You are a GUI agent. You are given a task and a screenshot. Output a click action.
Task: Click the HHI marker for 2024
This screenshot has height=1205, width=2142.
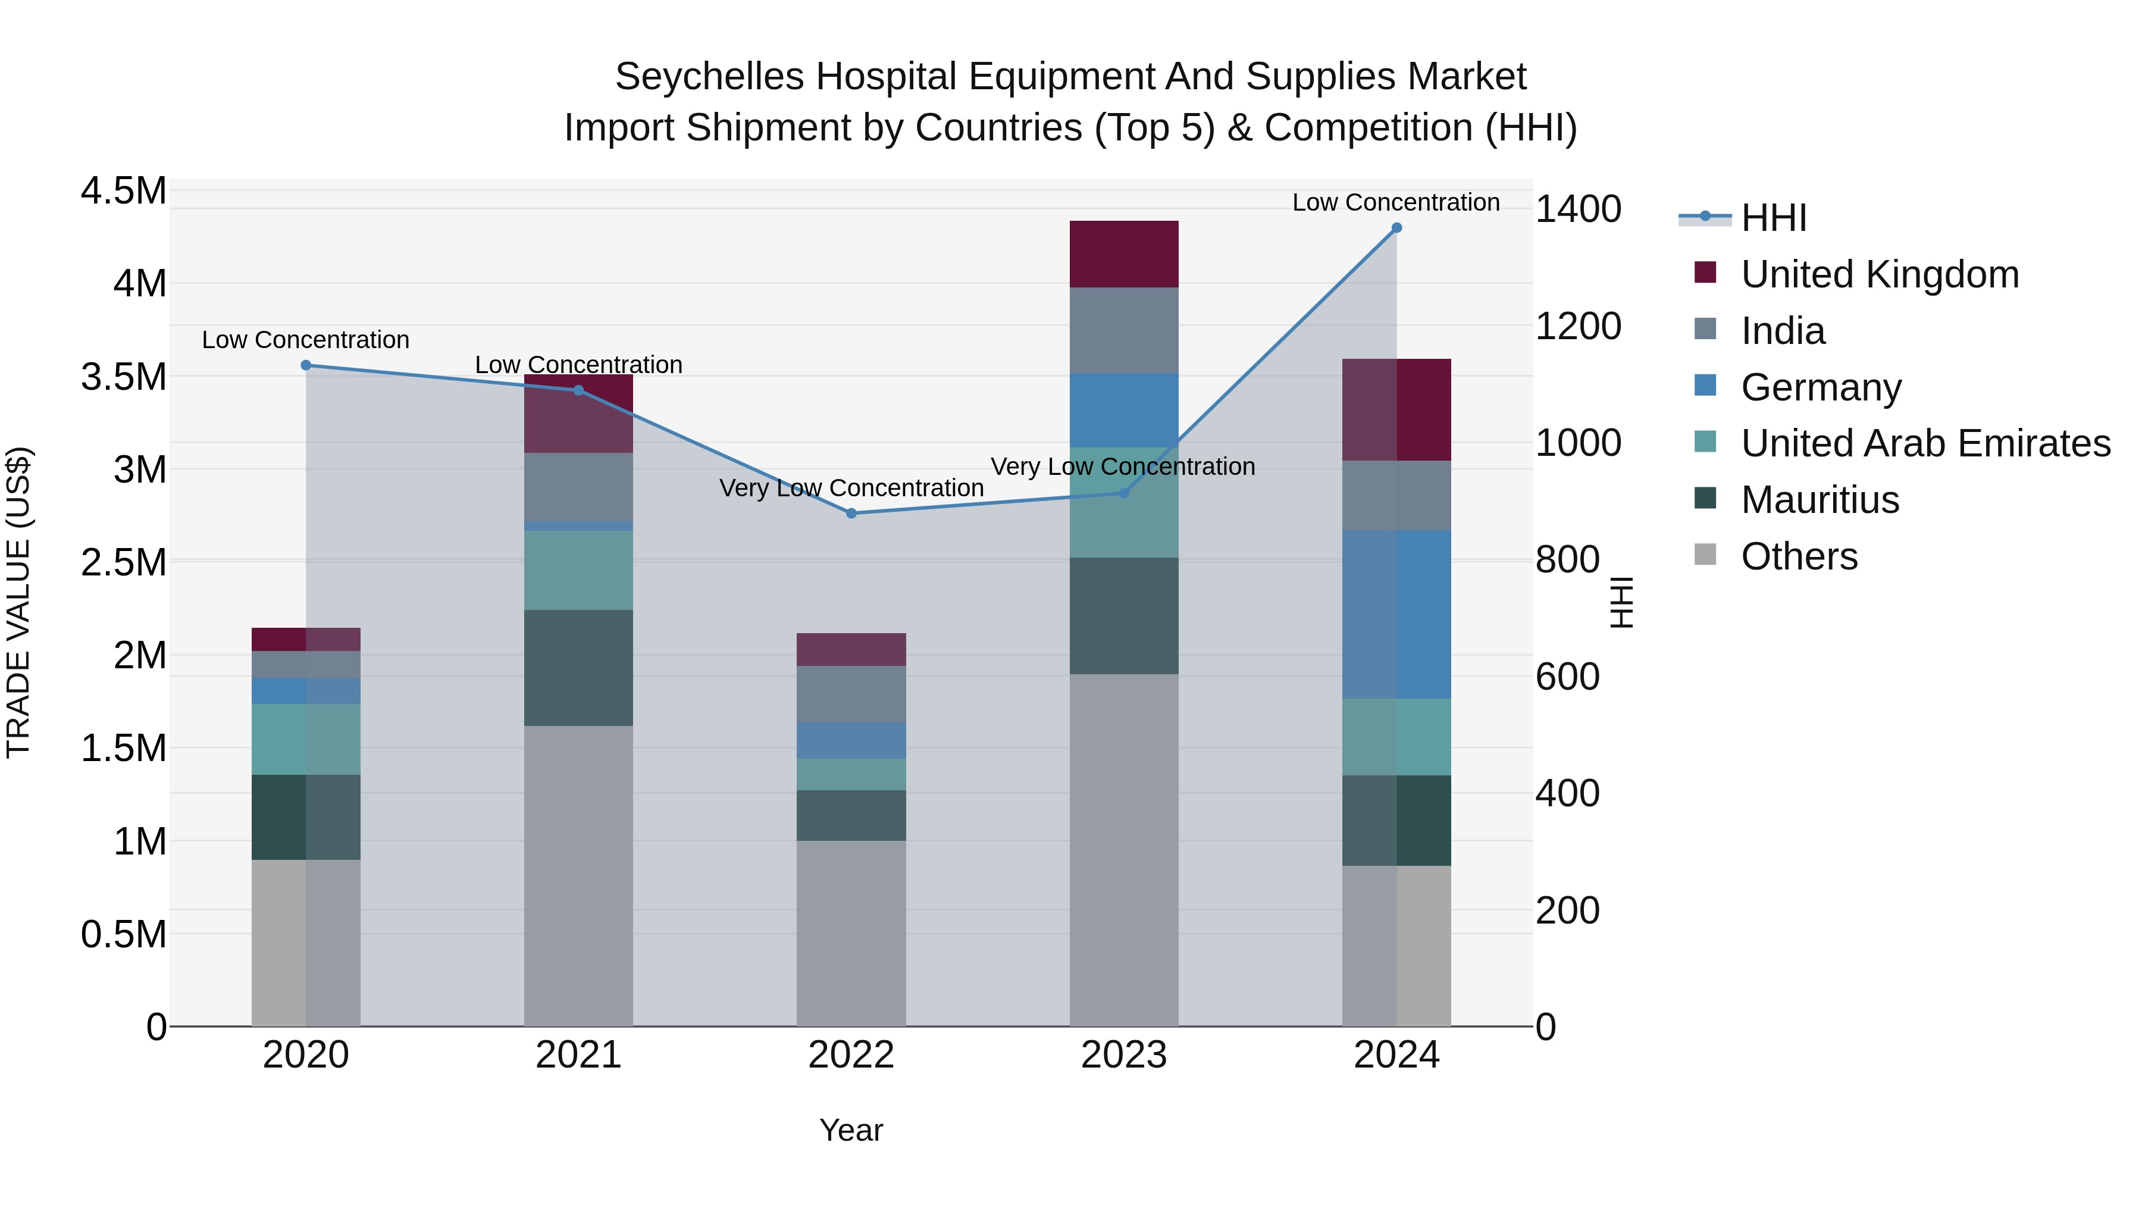point(1396,228)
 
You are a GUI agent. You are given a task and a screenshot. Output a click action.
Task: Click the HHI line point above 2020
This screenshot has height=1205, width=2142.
point(306,365)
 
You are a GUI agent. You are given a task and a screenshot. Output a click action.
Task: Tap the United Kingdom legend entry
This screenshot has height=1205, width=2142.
point(1879,274)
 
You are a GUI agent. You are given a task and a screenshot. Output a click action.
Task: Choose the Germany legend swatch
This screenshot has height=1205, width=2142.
point(1705,386)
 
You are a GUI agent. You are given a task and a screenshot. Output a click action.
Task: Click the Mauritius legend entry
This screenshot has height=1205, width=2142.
point(1820,500)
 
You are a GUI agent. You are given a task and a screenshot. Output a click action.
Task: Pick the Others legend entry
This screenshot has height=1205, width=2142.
point(1799,556)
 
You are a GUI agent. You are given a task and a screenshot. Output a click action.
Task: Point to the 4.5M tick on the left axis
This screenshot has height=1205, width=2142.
point(123,190)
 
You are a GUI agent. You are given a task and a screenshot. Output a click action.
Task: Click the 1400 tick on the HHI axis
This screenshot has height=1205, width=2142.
point(1577,209)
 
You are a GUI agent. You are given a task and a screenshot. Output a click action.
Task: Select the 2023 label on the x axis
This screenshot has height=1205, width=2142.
point(1123,1055)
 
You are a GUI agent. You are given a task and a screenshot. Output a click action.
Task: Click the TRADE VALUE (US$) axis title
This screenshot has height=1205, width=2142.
point(18,602)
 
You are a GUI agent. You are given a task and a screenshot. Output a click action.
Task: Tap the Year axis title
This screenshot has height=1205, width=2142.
point(851,1130)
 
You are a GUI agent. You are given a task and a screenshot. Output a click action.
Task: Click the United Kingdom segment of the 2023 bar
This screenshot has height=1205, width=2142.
point(1123,255)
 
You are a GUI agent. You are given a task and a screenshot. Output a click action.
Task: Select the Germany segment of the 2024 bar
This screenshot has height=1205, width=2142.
point(1396,615)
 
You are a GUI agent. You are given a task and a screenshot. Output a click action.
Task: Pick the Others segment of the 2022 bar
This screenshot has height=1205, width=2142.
point(851,933)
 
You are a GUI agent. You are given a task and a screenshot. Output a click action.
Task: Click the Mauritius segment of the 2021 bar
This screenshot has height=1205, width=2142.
point(578,668)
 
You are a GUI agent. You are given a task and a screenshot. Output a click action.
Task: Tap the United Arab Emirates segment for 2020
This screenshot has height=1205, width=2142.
point(306,739)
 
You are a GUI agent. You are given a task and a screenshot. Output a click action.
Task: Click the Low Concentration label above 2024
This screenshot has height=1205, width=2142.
point(1395,202)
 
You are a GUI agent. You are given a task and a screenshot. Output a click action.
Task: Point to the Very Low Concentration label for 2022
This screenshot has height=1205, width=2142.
point(851,488)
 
